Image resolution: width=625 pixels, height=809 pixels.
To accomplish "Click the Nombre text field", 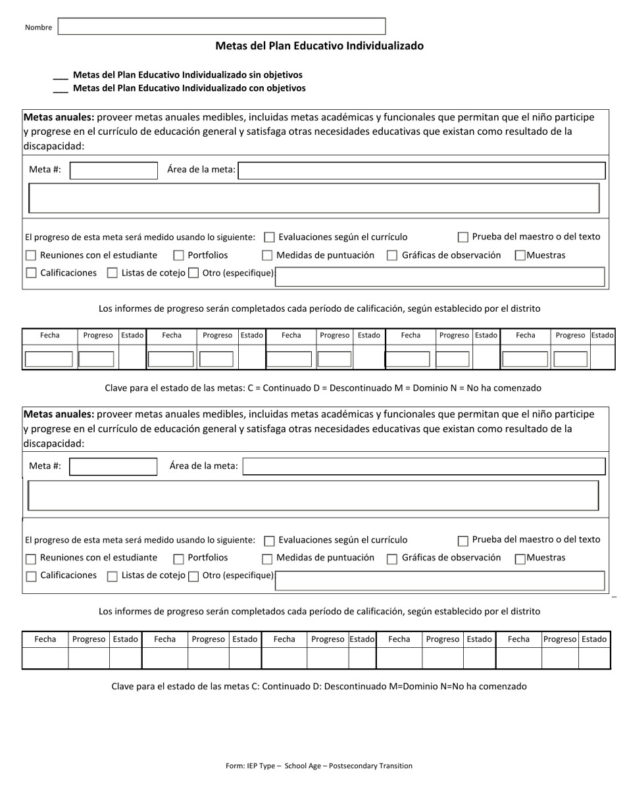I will [222, 26].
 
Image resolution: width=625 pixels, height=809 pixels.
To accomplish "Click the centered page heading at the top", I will [319, 46].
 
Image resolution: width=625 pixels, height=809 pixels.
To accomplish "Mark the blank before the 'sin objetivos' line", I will [60, 76].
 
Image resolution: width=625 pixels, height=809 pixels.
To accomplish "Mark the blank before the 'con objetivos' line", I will [60, 89].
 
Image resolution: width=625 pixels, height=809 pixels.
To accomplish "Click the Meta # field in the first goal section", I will [114, 171].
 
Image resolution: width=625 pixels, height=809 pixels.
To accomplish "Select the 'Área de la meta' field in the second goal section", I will [424, 467].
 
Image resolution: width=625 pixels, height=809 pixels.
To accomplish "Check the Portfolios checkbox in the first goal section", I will [178, 256].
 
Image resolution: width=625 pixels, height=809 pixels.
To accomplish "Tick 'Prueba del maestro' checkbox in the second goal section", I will [463, 541].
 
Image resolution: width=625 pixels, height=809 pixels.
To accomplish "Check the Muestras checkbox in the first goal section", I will [520, 256].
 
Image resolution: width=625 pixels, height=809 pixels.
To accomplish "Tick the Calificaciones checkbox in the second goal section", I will [31, 577].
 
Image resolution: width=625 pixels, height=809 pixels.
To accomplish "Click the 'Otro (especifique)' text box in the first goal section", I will [439, 277].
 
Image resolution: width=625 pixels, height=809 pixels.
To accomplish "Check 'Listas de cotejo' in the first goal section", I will [113, 273].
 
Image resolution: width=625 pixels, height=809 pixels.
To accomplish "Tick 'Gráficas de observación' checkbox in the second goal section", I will [392, 559].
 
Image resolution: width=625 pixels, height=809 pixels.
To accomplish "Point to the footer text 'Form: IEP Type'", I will [319, 766].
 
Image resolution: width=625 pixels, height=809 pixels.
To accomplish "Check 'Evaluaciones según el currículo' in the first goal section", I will [269, 237].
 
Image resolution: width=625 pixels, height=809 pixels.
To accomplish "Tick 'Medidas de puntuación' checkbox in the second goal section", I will [267, 559].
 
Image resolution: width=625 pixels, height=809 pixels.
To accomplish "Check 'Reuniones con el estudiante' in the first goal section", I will [31, 256].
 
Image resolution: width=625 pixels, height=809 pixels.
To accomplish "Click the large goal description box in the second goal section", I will [313, 495].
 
